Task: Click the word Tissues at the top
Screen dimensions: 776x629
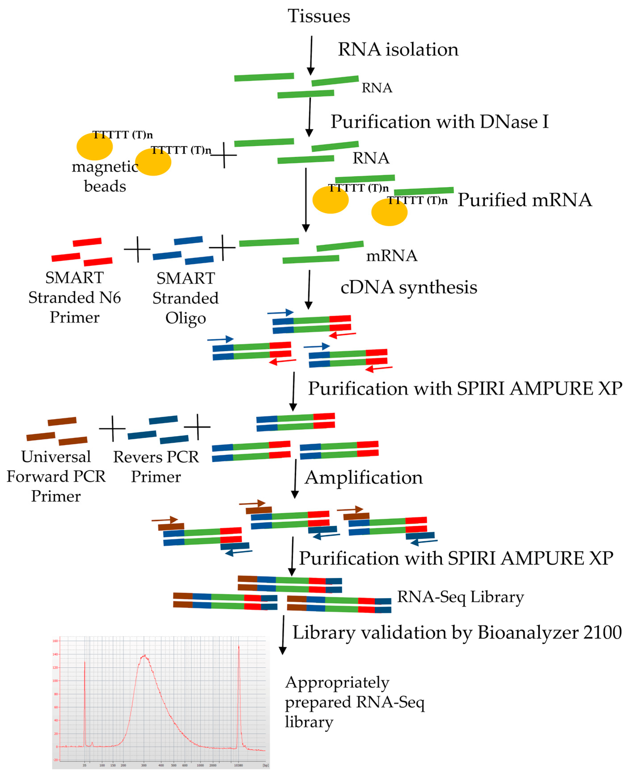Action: click(319, 16)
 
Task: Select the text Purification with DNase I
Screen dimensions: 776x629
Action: click(439, 122)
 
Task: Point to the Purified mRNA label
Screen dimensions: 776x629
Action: click(524, 200)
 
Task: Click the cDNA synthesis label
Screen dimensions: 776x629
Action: click(408, 287)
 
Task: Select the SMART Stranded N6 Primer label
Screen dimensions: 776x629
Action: click(75, 298)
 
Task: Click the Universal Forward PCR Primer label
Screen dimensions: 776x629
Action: click(56, 476)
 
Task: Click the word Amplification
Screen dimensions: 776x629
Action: click(363, 478)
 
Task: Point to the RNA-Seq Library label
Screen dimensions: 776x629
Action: click(460, 597)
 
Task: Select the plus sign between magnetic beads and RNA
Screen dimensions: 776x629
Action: click(224, 155)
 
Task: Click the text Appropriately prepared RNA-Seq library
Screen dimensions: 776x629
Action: click(354, 702)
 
